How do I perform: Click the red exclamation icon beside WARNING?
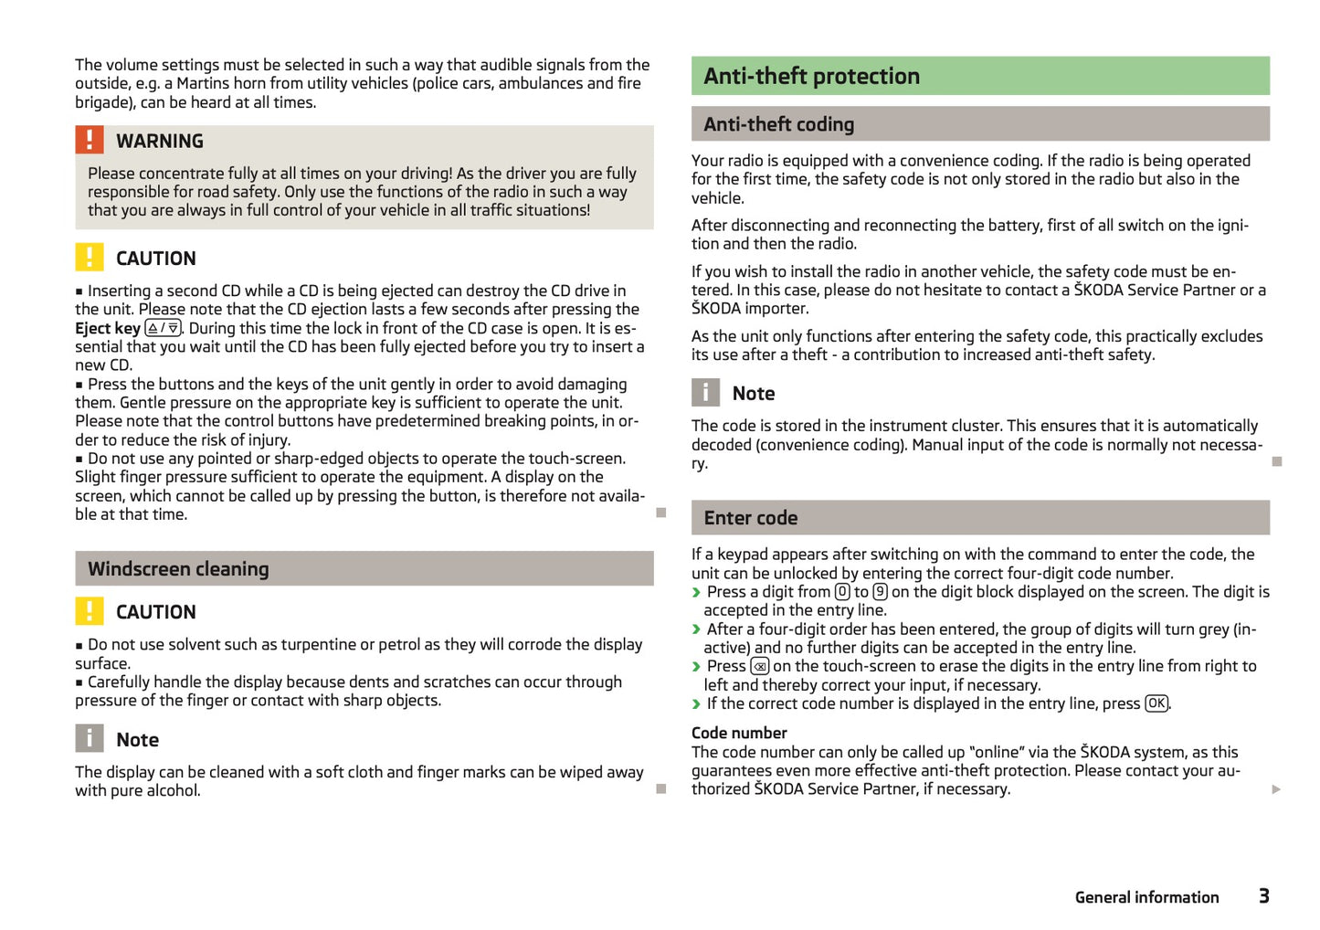point(89,140)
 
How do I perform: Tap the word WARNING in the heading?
point(159,141)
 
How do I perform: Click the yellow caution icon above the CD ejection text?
point(89,258)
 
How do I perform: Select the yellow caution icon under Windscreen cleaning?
point(89,611)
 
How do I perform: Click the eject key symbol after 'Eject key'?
point(164,328)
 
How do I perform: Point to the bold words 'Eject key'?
point(108,329)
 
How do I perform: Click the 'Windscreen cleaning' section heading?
point(178,569)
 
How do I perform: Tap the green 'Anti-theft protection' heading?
point(811,76)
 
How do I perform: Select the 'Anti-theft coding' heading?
point(778,124)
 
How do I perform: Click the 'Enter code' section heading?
point(750,518)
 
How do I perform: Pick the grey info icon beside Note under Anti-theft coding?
point(705,393)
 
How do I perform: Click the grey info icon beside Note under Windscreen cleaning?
point(89,739)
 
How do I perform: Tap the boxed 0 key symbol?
point(842,592)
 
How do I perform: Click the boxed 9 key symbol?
point(880,592)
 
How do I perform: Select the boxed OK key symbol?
point(1156,703)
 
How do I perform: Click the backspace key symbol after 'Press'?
point(759,667)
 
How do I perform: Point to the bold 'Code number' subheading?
point(739,733)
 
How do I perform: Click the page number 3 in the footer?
point(1263,896)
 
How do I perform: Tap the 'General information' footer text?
point(1146,897)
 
